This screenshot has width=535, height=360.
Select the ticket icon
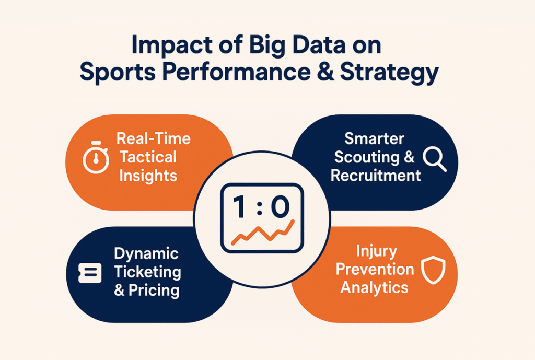(x=89, y=273)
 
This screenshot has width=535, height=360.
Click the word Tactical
(x=148, y=157)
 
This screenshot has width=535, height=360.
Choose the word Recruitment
(x=376, y=175)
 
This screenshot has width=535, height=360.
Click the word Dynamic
(x=146, y=254)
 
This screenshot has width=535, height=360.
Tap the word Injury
(x=375, y=251)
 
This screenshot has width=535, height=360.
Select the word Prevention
(x=375, y=269)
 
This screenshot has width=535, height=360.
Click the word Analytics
(x=375, y=287)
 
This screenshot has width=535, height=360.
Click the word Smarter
(x=375, y=138)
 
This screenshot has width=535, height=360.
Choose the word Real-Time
(x=154, y=139)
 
